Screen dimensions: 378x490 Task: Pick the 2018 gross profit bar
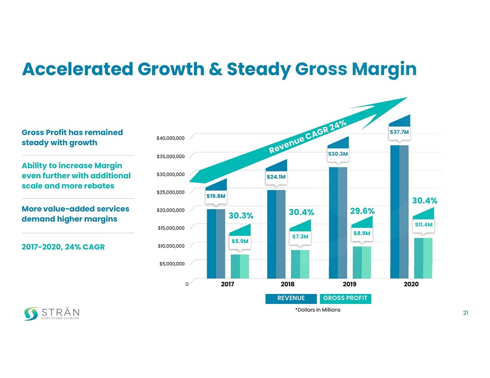click(301, 264)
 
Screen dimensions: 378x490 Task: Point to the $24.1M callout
click(276, 177)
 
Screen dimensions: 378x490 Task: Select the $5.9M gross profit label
click(240, 240)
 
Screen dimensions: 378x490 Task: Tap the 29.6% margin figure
click(362, 211)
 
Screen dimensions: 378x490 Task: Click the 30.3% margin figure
click(240, 214)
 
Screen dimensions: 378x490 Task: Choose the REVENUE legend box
click(291, 298)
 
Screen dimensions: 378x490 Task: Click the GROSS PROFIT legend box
click(345, 298)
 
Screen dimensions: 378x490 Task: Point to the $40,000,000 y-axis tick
click(170, 138)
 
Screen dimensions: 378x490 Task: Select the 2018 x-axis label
click(288, 284)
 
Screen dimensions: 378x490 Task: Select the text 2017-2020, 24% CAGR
click(63, 247)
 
